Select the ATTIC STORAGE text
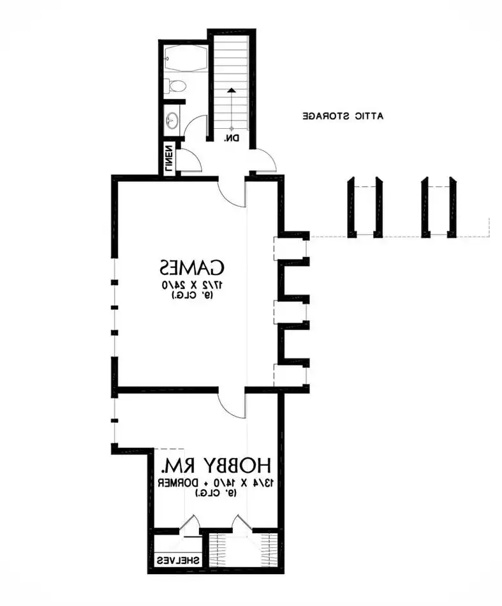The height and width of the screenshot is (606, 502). click(x=343, y=116)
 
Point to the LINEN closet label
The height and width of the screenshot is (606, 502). click(x=169, y=159)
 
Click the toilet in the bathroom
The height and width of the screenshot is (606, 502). click(x=177, y=85)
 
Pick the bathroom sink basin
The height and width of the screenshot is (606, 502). click(x=172, y=120)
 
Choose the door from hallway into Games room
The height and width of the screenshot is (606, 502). click(x=230, y=191)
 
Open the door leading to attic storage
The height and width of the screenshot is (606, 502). click(x=263, y=159)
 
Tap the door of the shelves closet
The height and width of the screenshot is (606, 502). click(x=189, y=524)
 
